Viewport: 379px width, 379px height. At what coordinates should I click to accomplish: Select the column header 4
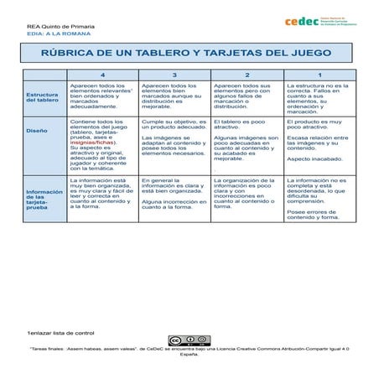click(x=102, y=75)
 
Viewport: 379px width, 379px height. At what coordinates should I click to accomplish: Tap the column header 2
click(x=247, y=75)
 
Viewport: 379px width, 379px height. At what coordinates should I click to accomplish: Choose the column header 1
click(x=319, y=75)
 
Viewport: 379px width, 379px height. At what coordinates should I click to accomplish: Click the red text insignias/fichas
click(x=91, y=143)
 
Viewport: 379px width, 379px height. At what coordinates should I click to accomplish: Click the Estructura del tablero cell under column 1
click(x=320, y=98)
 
